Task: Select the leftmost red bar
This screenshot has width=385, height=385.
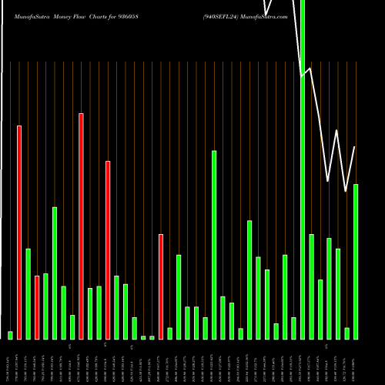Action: click(x=19, y=232)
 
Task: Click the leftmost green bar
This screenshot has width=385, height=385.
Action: click(x=10, y=335)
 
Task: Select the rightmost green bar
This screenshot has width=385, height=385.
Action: click(x=356, y=262)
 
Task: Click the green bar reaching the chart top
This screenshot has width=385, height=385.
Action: click(x=303, y=169)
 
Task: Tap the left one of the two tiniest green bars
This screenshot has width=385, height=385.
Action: click(x=143, y=337)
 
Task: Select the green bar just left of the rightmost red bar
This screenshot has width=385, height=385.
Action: click(x=152, y=337)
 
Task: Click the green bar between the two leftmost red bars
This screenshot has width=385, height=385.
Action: click(x=28, y=293)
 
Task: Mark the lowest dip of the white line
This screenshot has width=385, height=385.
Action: click(x=346, y=190)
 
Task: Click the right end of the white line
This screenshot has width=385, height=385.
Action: click(x=355, y=146)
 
